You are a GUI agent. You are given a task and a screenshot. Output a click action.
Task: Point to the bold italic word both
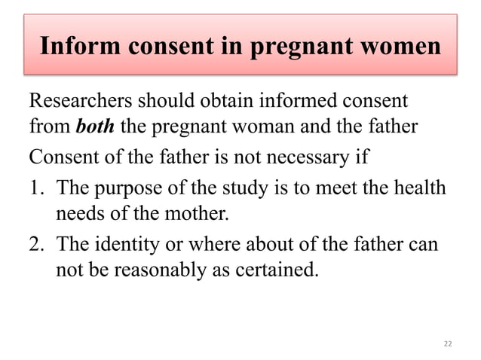pos(95,126)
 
